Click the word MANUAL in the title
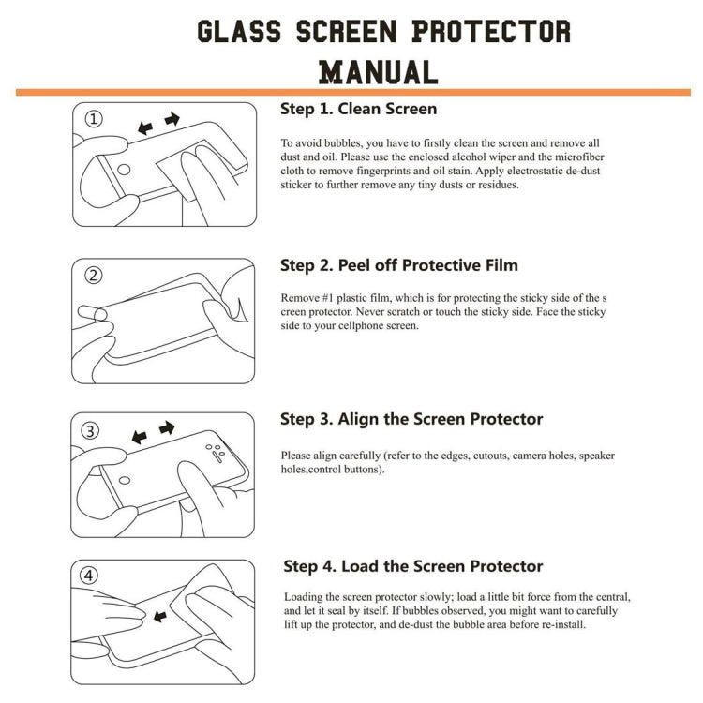pos(379,71)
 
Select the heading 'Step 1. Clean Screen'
pos(358,109)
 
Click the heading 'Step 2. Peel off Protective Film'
pos(399,265)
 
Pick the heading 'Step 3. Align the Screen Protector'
pos(411,419)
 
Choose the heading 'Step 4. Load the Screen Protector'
pos(413,566)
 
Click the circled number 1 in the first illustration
pos(95,119)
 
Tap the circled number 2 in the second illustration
pos(94,276)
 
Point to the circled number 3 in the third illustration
pos(91,431)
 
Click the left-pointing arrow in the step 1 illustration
pos(145,127)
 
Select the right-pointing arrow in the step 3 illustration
pos(167,428)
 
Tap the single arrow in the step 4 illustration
pos(159,616)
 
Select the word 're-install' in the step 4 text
pos(560,624)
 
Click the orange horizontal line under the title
pos(351,92)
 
